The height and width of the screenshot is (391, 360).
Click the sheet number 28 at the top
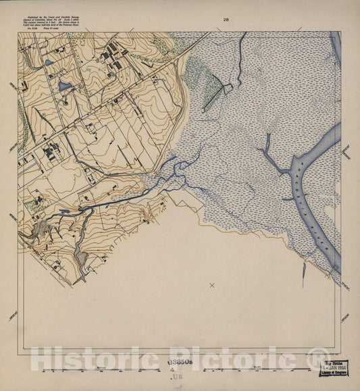click(226, 20)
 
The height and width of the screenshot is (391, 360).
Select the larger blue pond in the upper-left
click(65, 86)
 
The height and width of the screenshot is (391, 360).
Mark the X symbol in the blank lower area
click(211, 286)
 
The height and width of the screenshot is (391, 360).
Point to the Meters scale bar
click(101, 369)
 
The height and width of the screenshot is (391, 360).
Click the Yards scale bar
click(257, 369)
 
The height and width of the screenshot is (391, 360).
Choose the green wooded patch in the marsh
click(203, 78)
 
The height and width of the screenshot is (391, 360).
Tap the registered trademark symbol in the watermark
click(319, 359)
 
